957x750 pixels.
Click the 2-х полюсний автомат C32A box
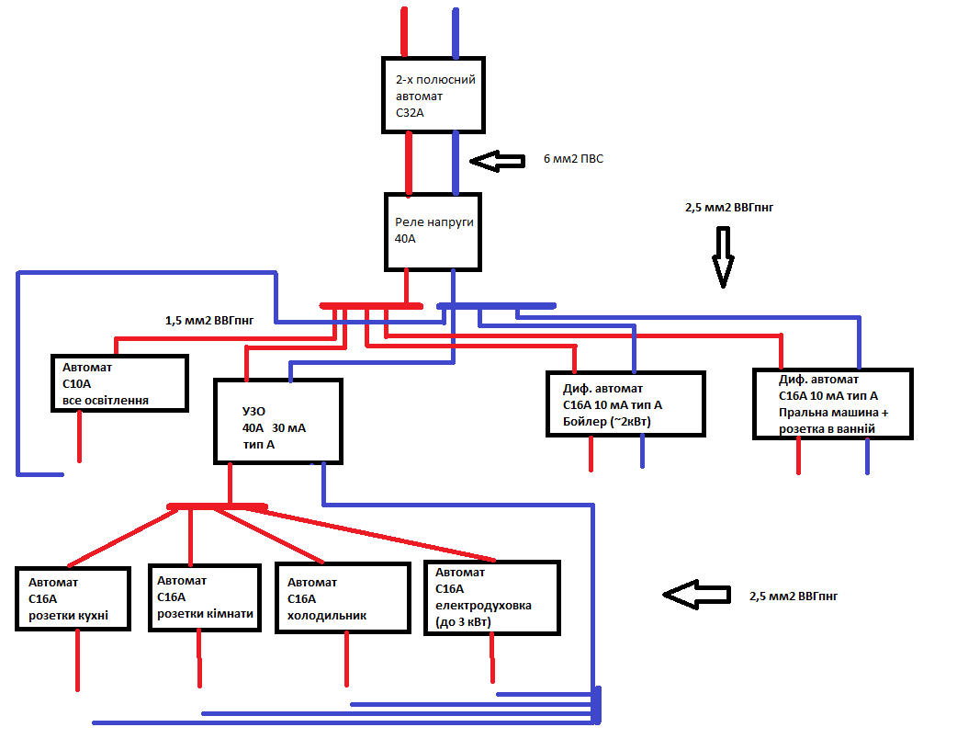433,95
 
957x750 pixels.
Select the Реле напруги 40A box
433,231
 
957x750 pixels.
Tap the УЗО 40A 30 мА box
277,421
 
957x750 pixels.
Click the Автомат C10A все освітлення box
119,382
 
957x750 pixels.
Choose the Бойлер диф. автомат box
625,404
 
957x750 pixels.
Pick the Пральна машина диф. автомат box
832,403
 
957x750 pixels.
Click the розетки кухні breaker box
73,599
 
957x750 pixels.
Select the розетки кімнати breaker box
205,597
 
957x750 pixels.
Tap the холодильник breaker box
342,598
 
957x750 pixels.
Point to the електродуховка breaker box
491,597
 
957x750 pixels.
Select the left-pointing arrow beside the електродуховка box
695,596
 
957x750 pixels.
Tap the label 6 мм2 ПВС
573,160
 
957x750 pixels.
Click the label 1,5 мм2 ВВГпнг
208,321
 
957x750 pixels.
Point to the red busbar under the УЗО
217,506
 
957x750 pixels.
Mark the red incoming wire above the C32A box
405,32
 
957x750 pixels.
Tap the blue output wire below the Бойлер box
642,451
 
